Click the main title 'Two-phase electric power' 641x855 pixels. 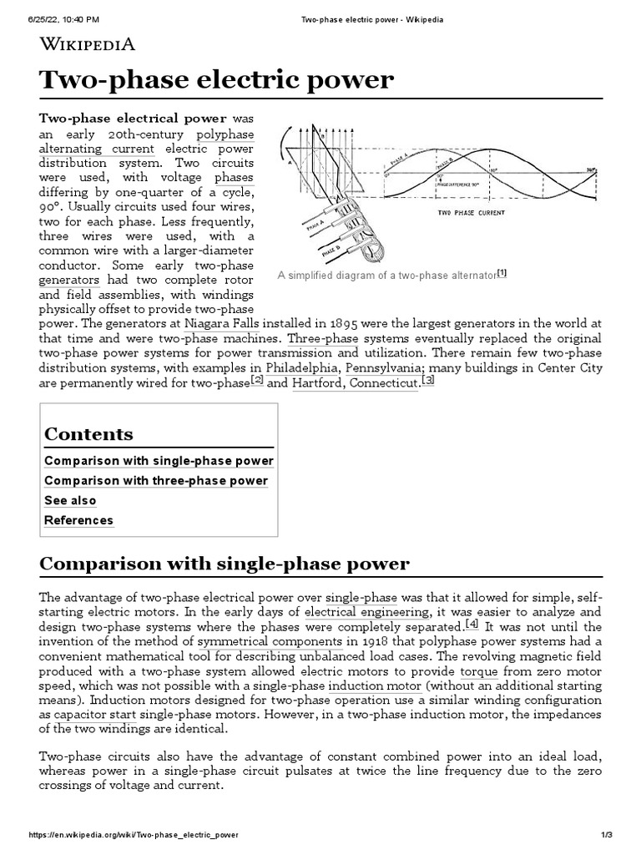216,80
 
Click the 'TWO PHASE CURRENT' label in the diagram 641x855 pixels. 471,213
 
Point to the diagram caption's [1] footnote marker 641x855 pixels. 502,273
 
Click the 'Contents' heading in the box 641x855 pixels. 88,434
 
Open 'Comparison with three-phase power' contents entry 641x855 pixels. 156,481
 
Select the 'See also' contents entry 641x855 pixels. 70,501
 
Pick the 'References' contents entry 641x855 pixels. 78,520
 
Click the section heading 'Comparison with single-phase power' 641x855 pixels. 225,564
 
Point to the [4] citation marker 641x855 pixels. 472,625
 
